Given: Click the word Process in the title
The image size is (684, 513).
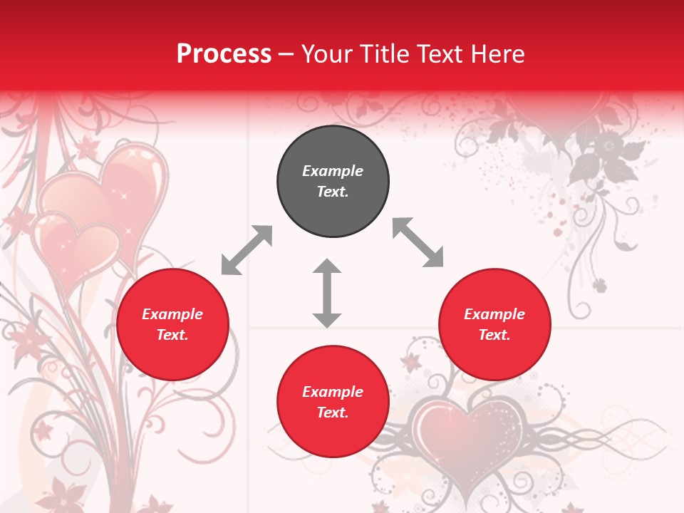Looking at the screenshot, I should click(x=224, y=54).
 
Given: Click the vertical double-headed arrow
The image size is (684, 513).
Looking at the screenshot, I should click(x=327, y=293).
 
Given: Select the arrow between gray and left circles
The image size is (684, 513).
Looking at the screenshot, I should click(x=247, y=250).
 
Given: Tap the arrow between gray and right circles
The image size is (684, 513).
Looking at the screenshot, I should click(x=418, y=242).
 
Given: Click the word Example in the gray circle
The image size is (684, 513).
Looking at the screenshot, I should click(x=333, y=171).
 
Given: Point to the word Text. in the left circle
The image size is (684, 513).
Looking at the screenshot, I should click(x=172, y=335).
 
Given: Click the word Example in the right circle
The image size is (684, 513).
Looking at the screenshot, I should click(x=494, y=314).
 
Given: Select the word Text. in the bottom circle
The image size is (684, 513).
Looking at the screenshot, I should click(x=333, y=413).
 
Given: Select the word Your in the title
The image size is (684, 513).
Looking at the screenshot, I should click(x=326, y=54).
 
